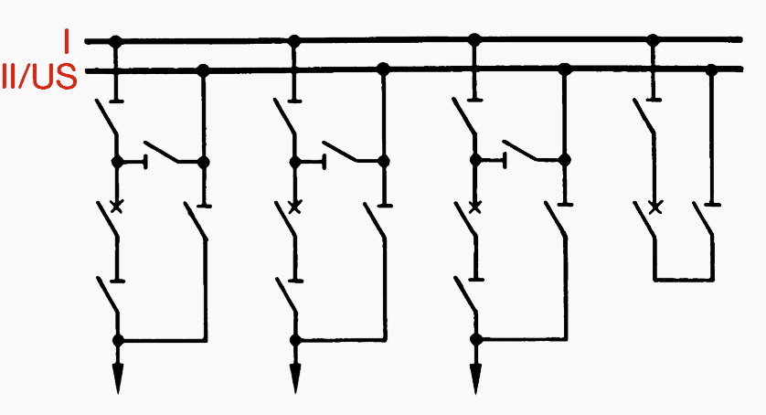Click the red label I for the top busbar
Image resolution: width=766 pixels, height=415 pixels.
(67, 41)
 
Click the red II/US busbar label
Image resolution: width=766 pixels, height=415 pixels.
(39, 76)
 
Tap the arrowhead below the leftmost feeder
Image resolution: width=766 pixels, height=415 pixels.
(118, 378)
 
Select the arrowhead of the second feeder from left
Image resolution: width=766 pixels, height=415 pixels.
(295, 378)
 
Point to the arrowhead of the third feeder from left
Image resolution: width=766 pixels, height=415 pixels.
(475, 378)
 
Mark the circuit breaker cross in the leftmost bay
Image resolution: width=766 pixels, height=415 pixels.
(116, 207)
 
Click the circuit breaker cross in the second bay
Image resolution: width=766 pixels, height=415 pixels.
(294, 207)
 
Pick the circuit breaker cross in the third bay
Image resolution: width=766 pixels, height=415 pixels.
(474, 207)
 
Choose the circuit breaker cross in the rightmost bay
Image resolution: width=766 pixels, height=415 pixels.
(655, 207)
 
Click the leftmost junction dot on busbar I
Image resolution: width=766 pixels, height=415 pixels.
(115, 41)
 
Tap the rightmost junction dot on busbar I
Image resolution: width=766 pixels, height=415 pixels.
(654, 39)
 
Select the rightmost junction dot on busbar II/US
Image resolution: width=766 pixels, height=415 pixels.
(712, 69)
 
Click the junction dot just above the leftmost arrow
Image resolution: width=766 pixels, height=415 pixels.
(118, 340)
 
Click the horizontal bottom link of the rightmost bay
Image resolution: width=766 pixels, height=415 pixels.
(684, 280)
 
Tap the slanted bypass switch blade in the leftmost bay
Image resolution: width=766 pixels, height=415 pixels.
(161, 152)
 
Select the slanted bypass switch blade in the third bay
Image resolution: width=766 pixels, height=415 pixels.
(521, 150)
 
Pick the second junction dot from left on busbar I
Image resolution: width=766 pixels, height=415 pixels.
(294, 40)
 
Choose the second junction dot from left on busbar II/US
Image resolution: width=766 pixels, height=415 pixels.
(384, 69)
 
